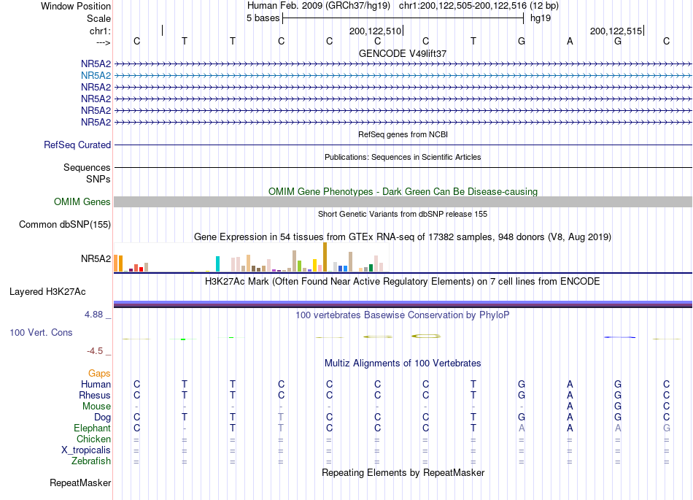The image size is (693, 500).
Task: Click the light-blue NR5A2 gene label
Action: click(96, 76)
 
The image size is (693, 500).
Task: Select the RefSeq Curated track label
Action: click(77, 145)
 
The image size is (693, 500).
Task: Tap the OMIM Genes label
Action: click(82, 202)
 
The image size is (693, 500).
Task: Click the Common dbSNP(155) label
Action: click(65, 225)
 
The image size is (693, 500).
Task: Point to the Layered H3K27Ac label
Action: click(47, 292)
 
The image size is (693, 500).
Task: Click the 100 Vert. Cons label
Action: click(41, 332)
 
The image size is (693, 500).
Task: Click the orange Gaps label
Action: click(99, 374)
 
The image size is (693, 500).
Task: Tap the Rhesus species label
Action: click(95, 395)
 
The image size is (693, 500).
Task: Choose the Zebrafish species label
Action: click(91, 461)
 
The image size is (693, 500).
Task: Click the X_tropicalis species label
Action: click(86, 450)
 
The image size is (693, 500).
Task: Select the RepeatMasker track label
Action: click(80, 482)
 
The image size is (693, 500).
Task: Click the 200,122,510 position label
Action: click(375, 31)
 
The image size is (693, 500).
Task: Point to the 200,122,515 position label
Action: click(616, 31)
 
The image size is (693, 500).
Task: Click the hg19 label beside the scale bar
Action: click(541, 18)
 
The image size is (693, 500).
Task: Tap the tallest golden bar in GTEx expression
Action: click(325, 257)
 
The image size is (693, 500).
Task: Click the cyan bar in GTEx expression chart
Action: click(217, 264)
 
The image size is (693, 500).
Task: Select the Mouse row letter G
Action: click(618, 407)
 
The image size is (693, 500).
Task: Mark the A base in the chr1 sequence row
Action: click(570, 41)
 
